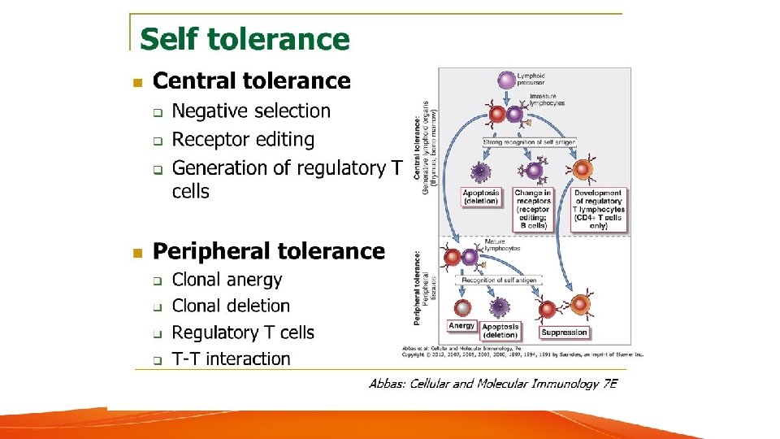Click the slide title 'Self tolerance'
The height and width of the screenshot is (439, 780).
click(x=245, y=39)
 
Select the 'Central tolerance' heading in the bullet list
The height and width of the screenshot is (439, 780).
click(x=252, y=81)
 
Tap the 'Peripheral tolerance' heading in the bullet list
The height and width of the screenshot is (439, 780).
click(x=269, y=251)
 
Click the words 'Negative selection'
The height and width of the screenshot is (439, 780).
click(x=251, y=111)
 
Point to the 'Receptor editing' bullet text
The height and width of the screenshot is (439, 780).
click(x=243, y=140)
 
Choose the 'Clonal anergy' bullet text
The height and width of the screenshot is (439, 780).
click(x=227, y=280)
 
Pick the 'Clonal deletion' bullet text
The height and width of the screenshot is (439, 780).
click(x=231, y=306)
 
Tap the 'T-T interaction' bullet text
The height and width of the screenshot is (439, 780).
click(x=231, y=359)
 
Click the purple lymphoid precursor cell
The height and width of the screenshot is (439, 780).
click(x=506, y=80)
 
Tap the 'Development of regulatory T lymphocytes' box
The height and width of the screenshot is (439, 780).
click(x=598, y=209)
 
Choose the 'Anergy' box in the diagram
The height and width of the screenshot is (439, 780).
click(x=461, y=326)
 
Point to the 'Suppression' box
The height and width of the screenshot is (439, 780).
click(x=563, y=332)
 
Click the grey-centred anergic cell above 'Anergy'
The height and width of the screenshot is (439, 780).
click(x=462, y=307)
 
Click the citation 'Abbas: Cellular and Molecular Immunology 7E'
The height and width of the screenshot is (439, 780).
click(x=492, y=383)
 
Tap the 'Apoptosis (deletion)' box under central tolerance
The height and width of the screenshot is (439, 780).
click(x=481, y=197)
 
